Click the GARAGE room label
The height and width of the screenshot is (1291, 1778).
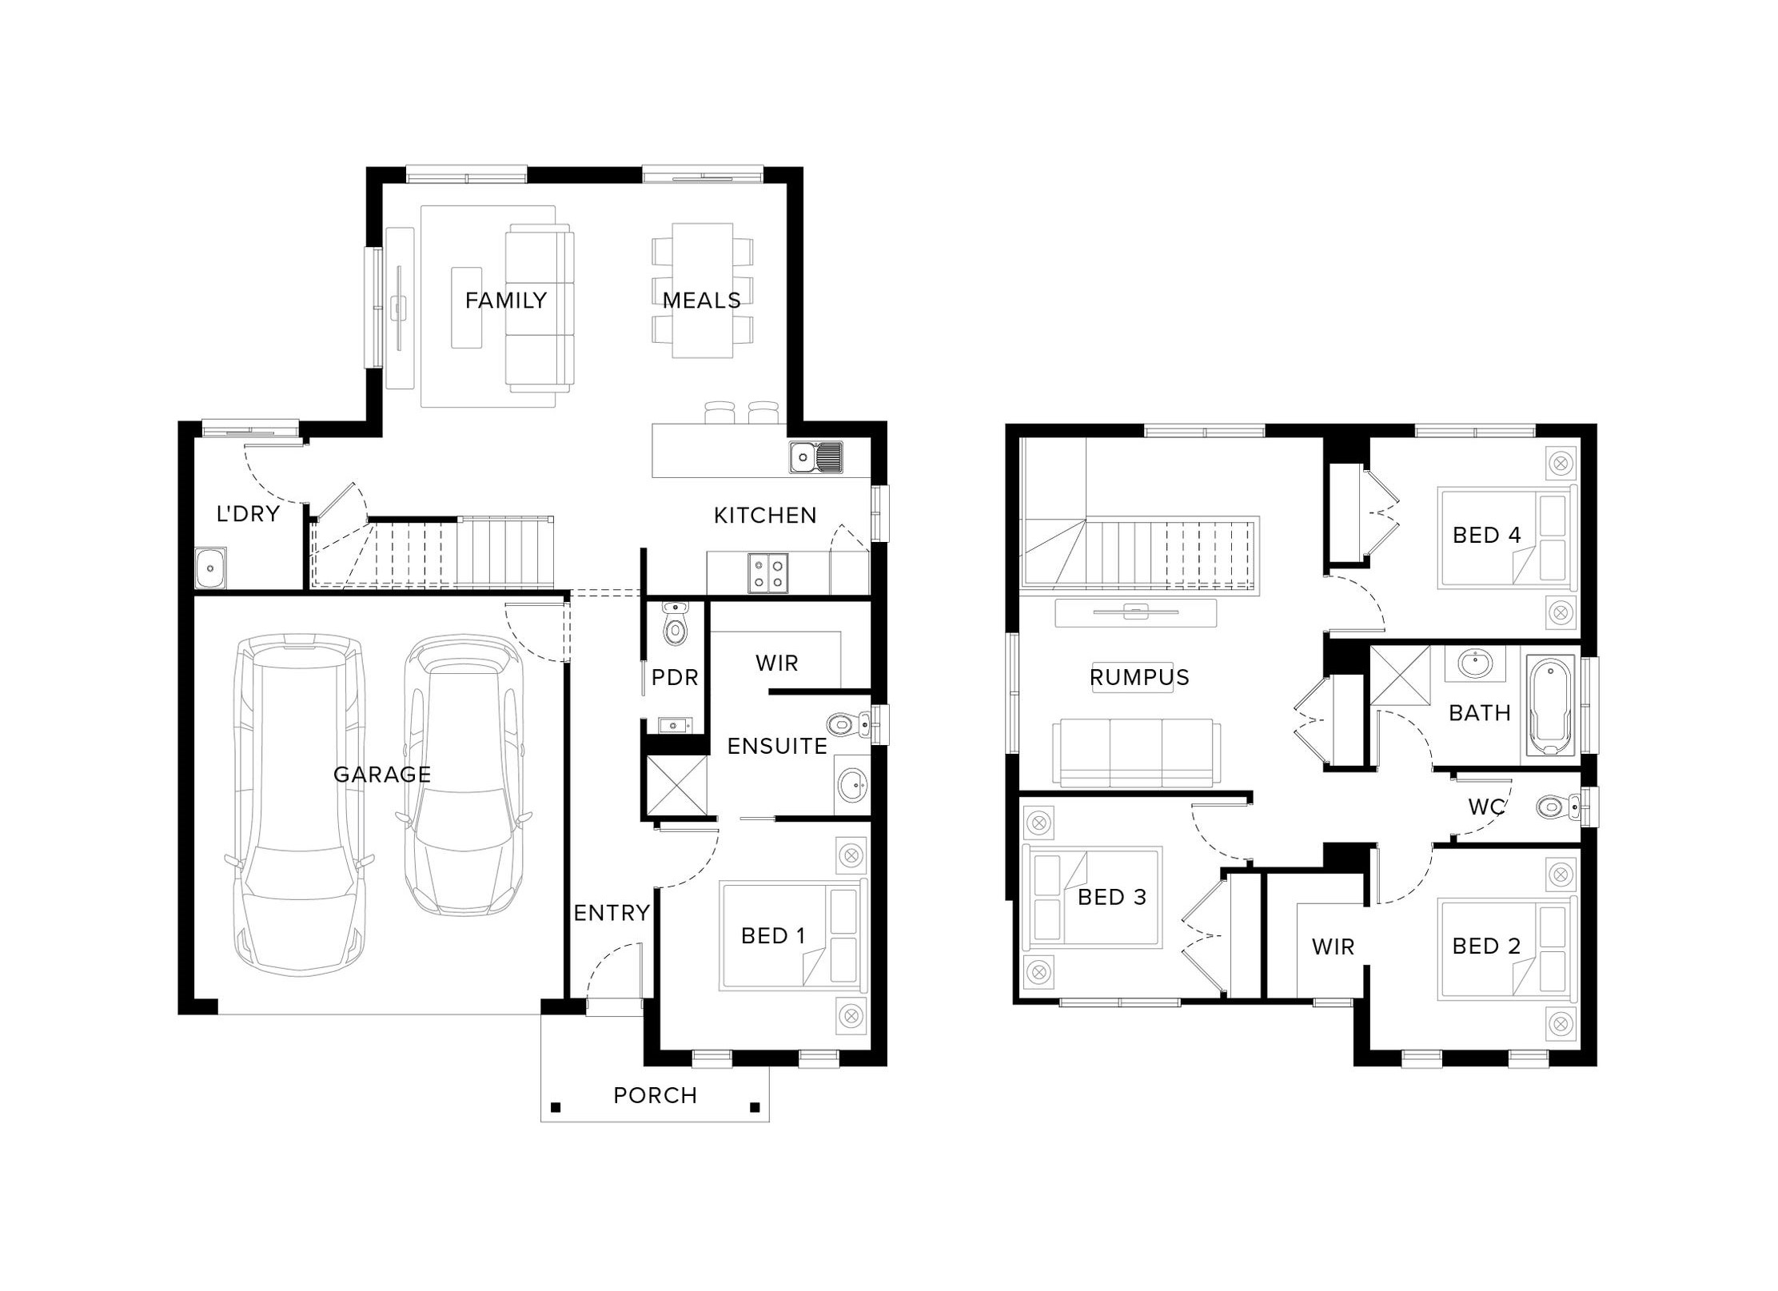click(381, 774)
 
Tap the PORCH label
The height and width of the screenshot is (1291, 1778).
click(655, 1095)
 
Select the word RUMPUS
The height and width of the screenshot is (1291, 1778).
click(1139, 677)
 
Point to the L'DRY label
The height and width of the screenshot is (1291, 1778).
click(248, 513)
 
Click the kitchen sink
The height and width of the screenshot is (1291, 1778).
click(815, 457)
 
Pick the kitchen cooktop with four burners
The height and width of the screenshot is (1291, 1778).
click(767, 573)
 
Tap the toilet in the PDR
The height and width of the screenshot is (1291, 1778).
click(676, 624)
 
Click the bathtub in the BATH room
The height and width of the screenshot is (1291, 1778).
click(1550, 705)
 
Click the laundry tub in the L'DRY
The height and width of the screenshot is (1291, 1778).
click(210, 568)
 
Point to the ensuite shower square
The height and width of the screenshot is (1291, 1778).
click(676, 786)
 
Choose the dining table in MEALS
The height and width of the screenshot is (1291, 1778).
click(703, 290)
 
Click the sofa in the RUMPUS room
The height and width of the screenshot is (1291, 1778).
click(1136, 753)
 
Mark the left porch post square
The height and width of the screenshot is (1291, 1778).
click(556, 1107)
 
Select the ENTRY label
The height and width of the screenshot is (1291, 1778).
click(612, 912)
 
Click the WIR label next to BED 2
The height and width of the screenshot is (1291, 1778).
click(1333, 946)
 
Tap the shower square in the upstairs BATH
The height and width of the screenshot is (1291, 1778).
click(1401, 675)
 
